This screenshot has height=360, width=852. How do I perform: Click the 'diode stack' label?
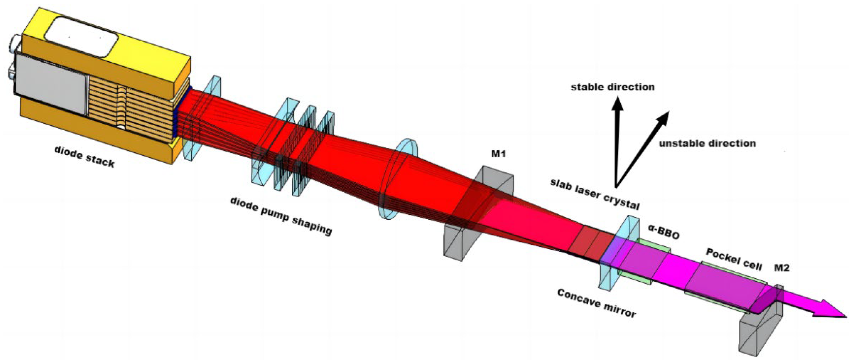(84, 157)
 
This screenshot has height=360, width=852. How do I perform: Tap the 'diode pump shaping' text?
(281, 216)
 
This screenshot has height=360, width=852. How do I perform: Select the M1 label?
(499, 154)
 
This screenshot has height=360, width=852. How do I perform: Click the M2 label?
(781, 267)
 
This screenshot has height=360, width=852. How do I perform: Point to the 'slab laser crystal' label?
(595, 194)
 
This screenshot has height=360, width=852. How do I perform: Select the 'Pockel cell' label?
(733, 259)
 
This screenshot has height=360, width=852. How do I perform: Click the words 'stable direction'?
(613, 87)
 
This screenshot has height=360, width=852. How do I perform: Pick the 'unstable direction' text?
(707, 144)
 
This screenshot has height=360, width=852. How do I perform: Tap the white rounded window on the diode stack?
(82, 36)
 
